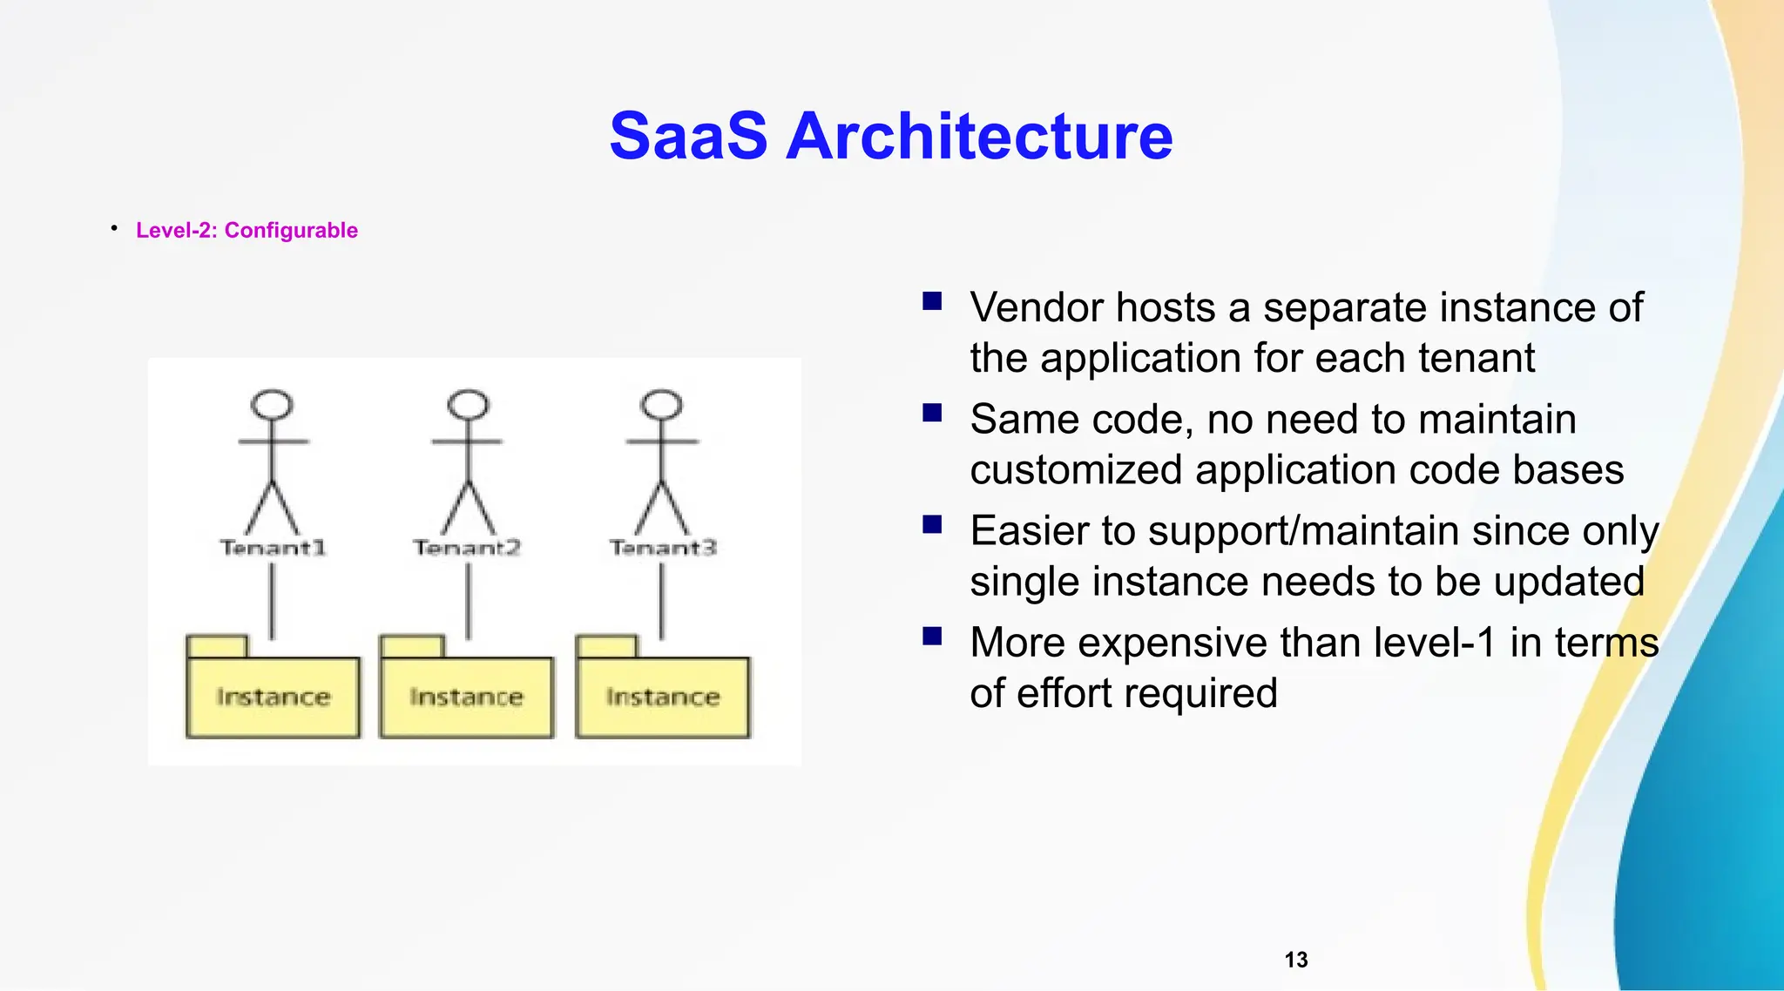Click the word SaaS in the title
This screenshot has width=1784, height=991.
[x=688, y=137]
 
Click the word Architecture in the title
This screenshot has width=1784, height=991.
[x=979, y=137]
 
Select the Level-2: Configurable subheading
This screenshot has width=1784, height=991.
[x=247, y=230]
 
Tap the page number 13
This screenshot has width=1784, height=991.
[x=1295, y=960]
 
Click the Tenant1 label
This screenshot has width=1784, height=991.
[x=273, y=548]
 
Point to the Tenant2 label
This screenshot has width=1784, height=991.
[x=467, y=548]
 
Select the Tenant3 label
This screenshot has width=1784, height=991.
[x=663, y=548]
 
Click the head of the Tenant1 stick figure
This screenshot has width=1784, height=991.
[x=273, y=405]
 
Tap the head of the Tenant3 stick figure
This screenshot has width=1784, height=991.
[x=662, y=405]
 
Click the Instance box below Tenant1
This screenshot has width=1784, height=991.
[x=273, y=697]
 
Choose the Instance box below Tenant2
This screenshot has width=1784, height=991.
[x=467, y=697]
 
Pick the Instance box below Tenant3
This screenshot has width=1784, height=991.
[x=663, y=697]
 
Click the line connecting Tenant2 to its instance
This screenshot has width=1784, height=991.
[x=469, y=601]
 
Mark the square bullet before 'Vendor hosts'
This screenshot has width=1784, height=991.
[x=932, y=301]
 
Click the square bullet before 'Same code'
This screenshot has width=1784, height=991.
[x=932, y=413]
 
